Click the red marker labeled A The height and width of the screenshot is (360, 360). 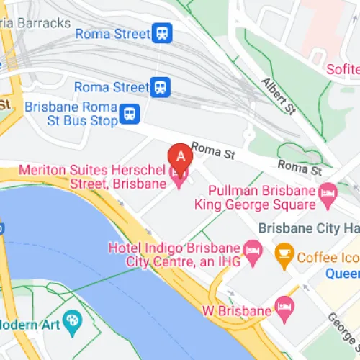point(179,155)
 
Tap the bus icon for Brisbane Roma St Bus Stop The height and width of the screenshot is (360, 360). point(130,113)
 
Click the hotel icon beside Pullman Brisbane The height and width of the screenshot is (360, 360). point(328,192)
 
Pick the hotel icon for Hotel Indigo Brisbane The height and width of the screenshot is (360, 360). point(253,252)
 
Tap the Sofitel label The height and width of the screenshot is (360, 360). point(342,69)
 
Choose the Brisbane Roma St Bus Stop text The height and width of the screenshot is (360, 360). point(71,114)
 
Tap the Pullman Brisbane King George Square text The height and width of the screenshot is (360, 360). point(256,198)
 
